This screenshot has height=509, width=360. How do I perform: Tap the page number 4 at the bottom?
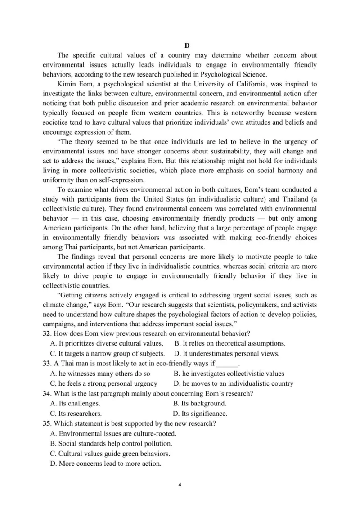[180, 485]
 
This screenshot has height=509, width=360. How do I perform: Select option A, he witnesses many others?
[100, 374]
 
